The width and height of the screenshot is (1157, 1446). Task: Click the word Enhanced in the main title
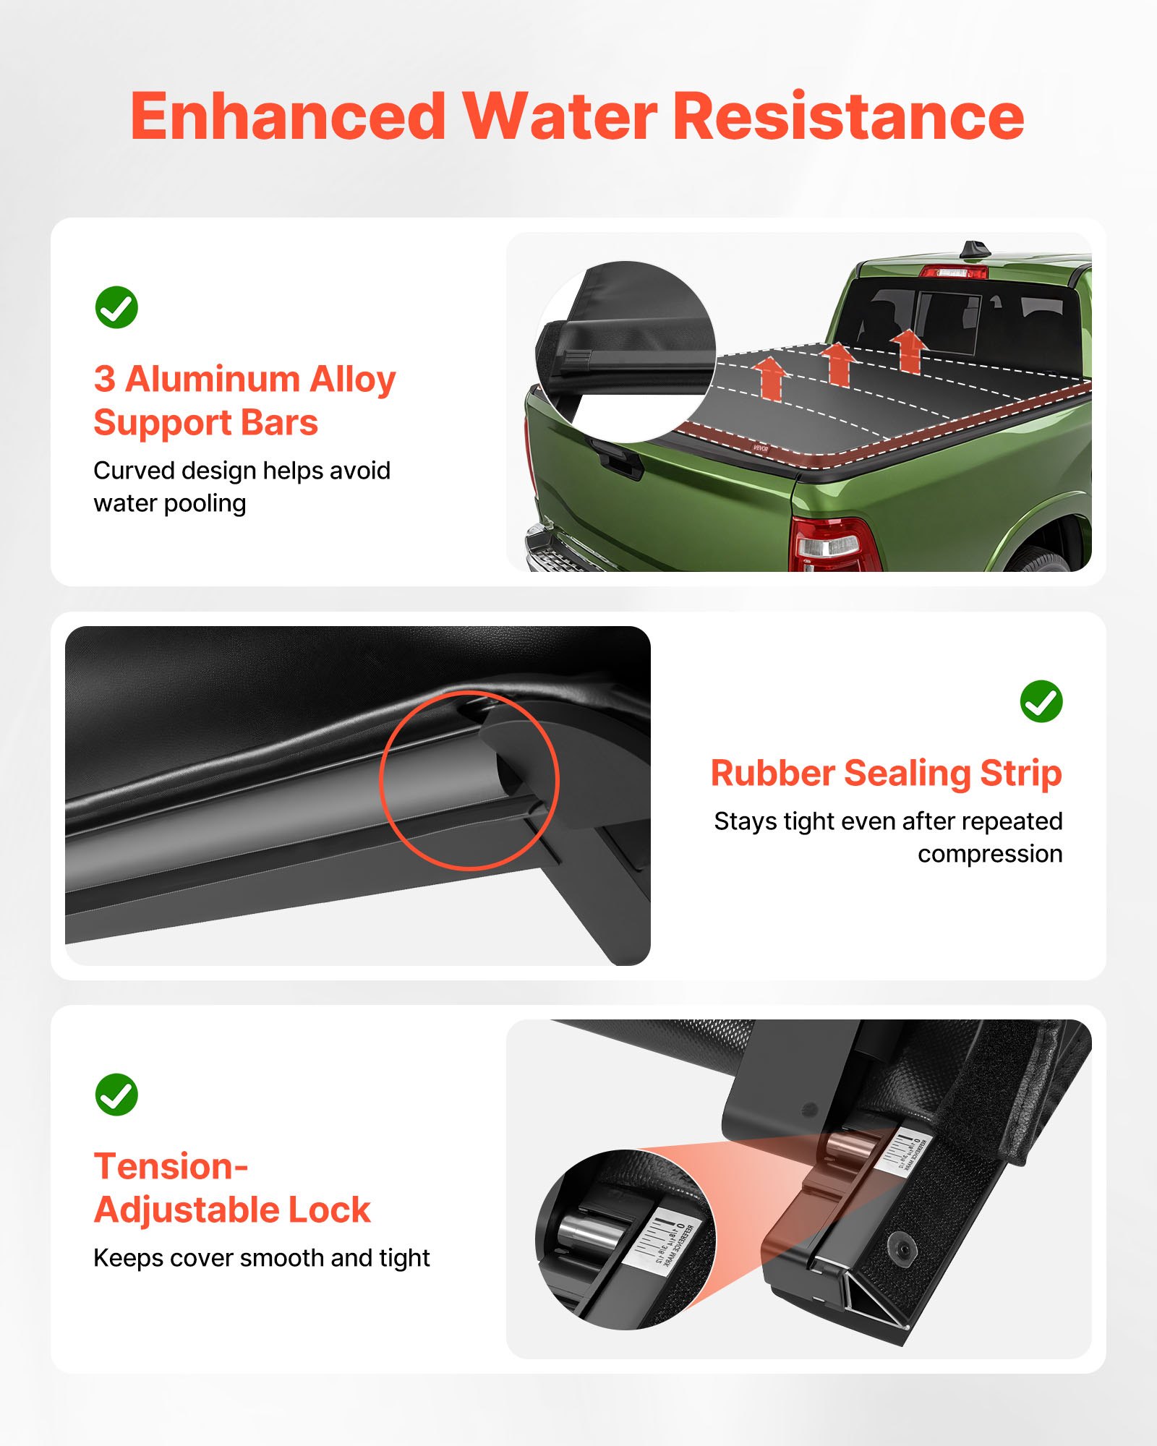point(288,117)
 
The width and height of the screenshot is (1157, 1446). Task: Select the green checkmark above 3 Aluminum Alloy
point(116,307)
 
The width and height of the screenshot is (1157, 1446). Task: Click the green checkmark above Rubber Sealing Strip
point(1041,701)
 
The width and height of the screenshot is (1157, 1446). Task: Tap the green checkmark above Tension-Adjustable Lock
point(116,1095)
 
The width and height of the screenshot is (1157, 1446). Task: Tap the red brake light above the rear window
point(953,272)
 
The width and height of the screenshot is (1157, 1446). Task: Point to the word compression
point(989,854)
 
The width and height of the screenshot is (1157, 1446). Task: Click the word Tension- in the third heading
point(171,1166)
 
